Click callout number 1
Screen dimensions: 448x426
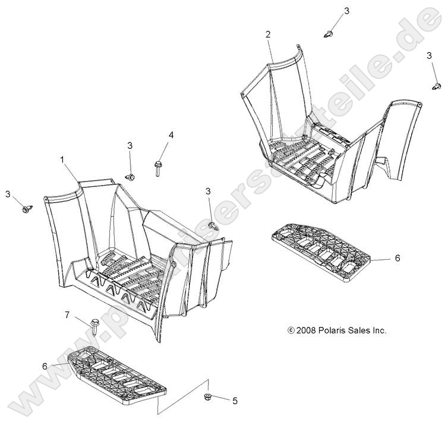[x=62, y=160]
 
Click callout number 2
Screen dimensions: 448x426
[x=268, y=34]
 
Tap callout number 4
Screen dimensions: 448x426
[x=171, y=135]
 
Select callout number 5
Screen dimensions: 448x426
[x=235, y=401]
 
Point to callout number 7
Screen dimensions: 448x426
[x=67, y=315]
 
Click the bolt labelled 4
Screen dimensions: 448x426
[x=157, y=169]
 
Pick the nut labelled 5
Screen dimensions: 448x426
[x=207, y=396]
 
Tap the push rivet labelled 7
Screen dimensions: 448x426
[x=94, y=327]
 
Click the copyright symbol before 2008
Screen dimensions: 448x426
[x=291, y=330]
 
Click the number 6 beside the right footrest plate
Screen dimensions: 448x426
[x=397, y=258]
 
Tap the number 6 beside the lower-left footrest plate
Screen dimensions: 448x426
[x=45, y=366]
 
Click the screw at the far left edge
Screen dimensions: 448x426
[x=27, y=209]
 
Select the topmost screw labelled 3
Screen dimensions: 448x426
[x=329, y=34]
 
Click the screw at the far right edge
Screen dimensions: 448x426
[x=437, y=85]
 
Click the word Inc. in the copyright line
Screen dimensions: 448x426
[x=380, y=330]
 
